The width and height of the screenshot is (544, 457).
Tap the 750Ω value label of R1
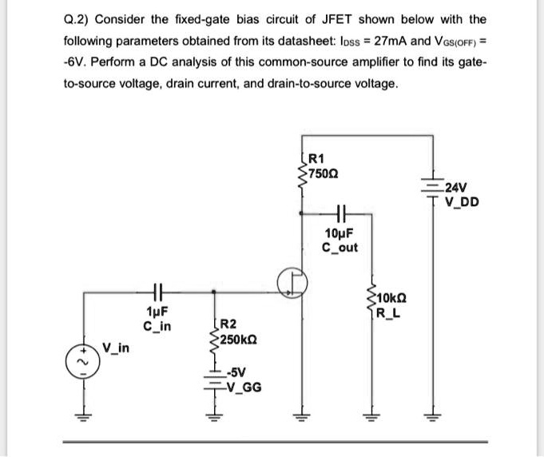pos(323,175)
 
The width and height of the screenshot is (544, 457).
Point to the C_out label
pos(341,248)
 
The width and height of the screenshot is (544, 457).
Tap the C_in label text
pos(157,326)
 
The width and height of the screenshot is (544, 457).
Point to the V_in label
pos(117,348)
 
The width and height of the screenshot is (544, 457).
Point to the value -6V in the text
pos(76,62)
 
